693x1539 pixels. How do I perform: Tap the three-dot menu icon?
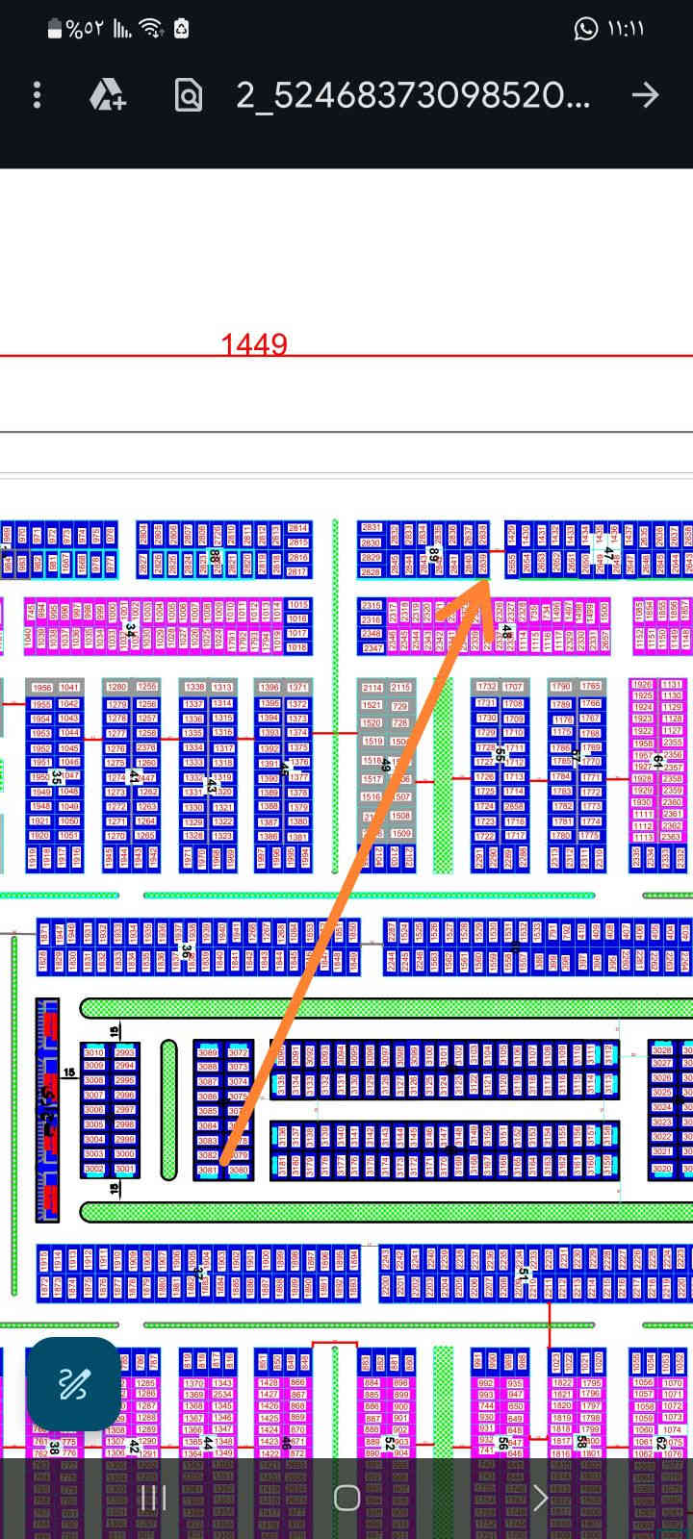pos(37,94)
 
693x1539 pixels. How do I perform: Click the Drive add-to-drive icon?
pos(107,94)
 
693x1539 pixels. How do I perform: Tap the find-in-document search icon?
pos(189,94)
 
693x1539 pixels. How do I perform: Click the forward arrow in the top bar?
pos(645,94)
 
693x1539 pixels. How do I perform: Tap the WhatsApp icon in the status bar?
pos(585,29)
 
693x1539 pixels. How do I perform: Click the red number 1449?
pos(254,344)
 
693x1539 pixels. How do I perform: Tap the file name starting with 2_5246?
pos(413,94)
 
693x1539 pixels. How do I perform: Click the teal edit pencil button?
pos(73,1384)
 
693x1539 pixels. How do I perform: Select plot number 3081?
pos(208,1170)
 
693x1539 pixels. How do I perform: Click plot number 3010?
pos(94,1052)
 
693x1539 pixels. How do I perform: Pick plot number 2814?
pos(298,528)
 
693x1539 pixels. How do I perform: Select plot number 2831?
pos(371,528)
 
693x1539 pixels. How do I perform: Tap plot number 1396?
pos(269,687)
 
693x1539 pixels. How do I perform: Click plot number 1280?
pos(116,687)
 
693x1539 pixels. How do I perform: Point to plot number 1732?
pos(487,687)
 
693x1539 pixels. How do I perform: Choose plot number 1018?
pos(298,647)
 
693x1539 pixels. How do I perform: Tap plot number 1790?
pos(560,687)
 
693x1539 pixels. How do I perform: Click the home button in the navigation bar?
pos(346,1498)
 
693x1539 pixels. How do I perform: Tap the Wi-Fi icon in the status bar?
pos(151,29)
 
